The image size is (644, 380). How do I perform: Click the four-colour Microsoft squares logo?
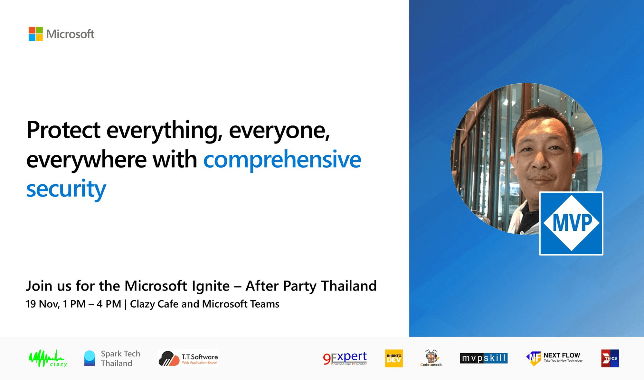(35, 34)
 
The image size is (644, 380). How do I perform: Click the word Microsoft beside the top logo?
(70, 34)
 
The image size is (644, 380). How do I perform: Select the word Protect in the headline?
(63, 130)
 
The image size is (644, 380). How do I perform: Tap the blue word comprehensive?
(282, 160)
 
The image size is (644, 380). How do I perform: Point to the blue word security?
(66, 189)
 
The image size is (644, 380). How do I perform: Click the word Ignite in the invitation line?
(211, 286)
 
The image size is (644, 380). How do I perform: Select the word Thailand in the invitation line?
(349, 286)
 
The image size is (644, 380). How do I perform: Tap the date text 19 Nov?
(43, 304)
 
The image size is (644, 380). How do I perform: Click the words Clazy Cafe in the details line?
(154, 304)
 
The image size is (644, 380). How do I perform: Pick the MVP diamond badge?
(571, 223)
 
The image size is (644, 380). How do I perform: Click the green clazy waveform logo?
(48, 358)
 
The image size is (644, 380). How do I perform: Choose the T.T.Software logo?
(188, 358)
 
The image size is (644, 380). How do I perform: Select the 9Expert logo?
(345, 358)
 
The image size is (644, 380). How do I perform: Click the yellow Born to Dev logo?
(394, 358)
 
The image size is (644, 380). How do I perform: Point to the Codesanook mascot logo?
(431, 358)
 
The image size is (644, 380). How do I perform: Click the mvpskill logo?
(484, 358)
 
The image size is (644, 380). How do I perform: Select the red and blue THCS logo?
(610, 358)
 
